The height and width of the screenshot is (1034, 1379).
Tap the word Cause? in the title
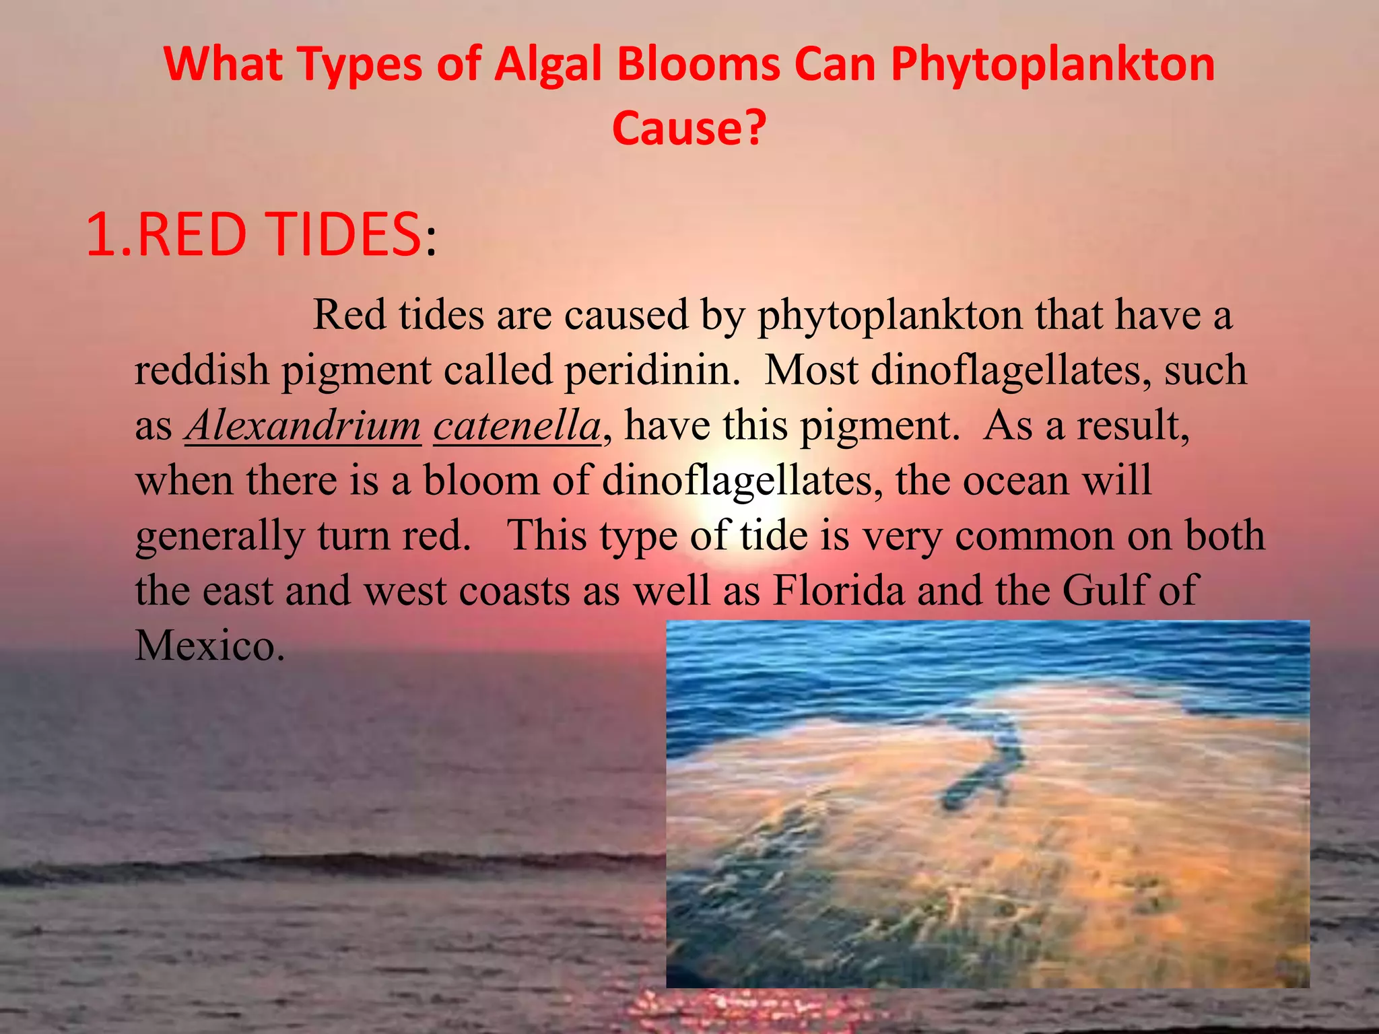(689, 128)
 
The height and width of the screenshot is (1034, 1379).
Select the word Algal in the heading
(547, 65)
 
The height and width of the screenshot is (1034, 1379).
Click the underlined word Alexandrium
(303, 425)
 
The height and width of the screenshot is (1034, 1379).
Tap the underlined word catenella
(517, 425)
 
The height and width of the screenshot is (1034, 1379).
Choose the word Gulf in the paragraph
(1104, 590)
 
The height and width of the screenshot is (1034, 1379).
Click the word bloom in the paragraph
(481, 481)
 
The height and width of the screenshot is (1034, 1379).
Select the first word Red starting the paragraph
(350, 315)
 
